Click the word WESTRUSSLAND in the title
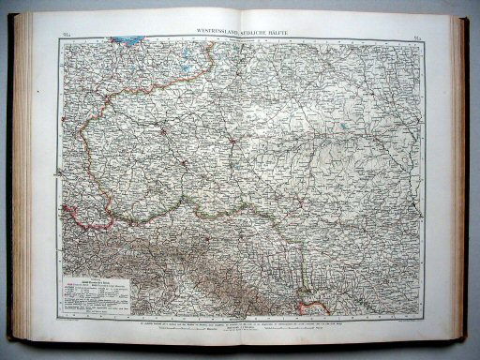pyautogui.click(x=222, y=32)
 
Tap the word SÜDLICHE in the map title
pyautogui.click(x=257, y=32)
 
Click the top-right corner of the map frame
pyautogui.click(x=423, y=38)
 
